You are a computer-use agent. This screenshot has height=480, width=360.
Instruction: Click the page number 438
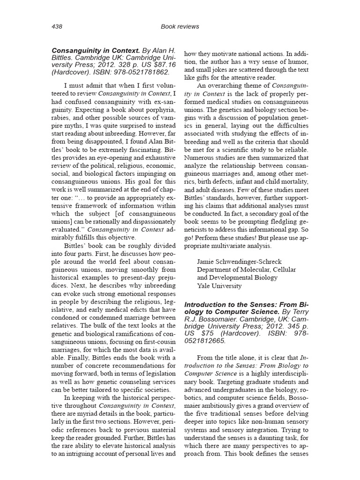pos(56,27)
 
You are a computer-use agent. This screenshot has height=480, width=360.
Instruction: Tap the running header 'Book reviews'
pos(180,27)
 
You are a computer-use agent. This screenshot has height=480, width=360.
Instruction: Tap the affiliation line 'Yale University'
pos(219,285)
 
